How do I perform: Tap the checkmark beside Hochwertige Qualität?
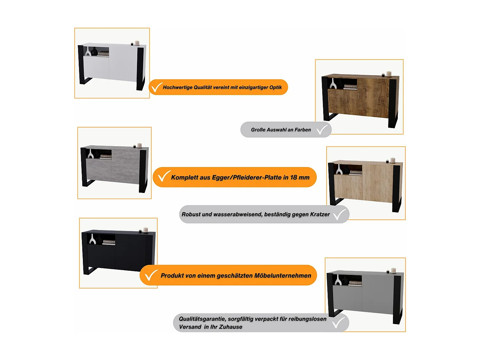click(157, 87)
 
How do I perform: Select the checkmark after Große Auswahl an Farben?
click(322, 130)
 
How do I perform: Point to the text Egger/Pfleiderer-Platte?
click(247, 177)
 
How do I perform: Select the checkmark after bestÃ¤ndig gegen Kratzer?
click(340, 214)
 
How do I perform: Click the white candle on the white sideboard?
click(137, 43)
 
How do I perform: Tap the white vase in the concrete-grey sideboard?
click(91, 154)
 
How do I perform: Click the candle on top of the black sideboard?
click(145, 230)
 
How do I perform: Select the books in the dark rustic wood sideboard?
click(350, 87)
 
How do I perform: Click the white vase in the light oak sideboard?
click(339, 170)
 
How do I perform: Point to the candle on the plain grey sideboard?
click(393, 271)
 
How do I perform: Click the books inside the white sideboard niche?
click(103, 54)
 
